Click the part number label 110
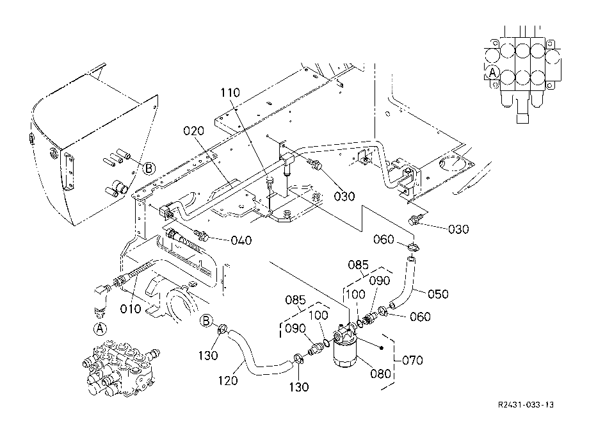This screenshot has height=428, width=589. pyautogui.click(x=230, y=92)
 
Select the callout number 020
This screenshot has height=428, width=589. pyautogui.click(x=194, y=131)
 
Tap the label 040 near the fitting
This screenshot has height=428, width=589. pyautogui.click(x=241, y=240)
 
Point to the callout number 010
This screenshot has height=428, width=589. pyautogui.click(x=131, y=309)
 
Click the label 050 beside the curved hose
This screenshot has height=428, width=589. pyautogui.click(x=438, y=293)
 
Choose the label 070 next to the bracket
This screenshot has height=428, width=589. pyautogui.click(x=412, y=360)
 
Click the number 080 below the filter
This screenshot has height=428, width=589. pyautogui.click(x=380, y=374)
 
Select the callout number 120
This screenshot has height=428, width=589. pyautogui.click(x=228, y=381)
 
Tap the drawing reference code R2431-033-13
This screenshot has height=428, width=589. pyautogui.click(x=526, y=405)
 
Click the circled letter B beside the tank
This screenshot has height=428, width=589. pyautogui.click(x=149, y=169)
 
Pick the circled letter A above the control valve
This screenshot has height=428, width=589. pyautogui.click(x=100, y=329)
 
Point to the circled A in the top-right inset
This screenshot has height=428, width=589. pyautogui.click(x=492, y=72)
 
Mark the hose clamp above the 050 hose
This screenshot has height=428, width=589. pyautogui.click(x=413, y=247)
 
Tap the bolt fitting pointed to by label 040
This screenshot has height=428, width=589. pyautogui.click(x=202, y=236)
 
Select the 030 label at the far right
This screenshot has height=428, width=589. pyautogui.click(x=458, y=229)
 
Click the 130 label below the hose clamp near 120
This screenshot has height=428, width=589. pyautogui.click(x=298, y=386)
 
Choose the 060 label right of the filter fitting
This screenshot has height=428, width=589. pyautogui.click(x=420, y=317)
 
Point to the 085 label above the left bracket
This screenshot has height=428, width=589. pyautogui.click(x=295, y=300)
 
